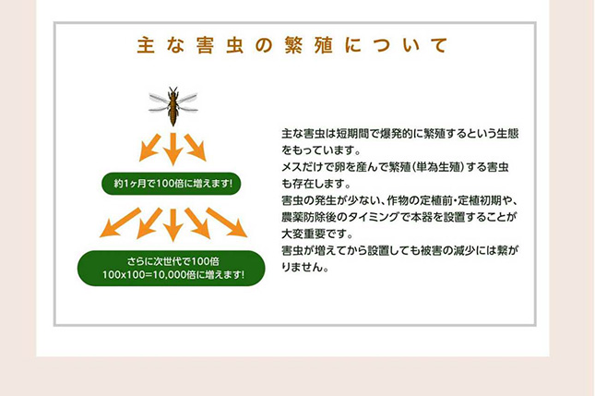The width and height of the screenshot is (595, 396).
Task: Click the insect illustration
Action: (173, 106)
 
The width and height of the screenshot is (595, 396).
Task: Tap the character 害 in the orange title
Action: (205, 45)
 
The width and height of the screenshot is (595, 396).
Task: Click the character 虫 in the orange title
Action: (234, 45)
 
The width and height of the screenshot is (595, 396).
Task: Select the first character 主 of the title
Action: (146, 45)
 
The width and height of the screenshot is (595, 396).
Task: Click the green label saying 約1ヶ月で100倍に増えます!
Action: (172, 184)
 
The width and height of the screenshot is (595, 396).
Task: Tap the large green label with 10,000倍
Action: (172, 268)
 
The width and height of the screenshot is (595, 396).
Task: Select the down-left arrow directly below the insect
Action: (149, 148)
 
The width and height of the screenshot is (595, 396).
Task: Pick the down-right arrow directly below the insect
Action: (196, 148)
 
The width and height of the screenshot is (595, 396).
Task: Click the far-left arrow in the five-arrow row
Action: (120, 222)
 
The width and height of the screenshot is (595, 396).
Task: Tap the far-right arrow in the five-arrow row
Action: (227, 222)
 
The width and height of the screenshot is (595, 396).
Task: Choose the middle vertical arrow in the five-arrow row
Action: (173, 225)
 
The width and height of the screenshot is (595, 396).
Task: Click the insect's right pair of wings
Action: (187, 103)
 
